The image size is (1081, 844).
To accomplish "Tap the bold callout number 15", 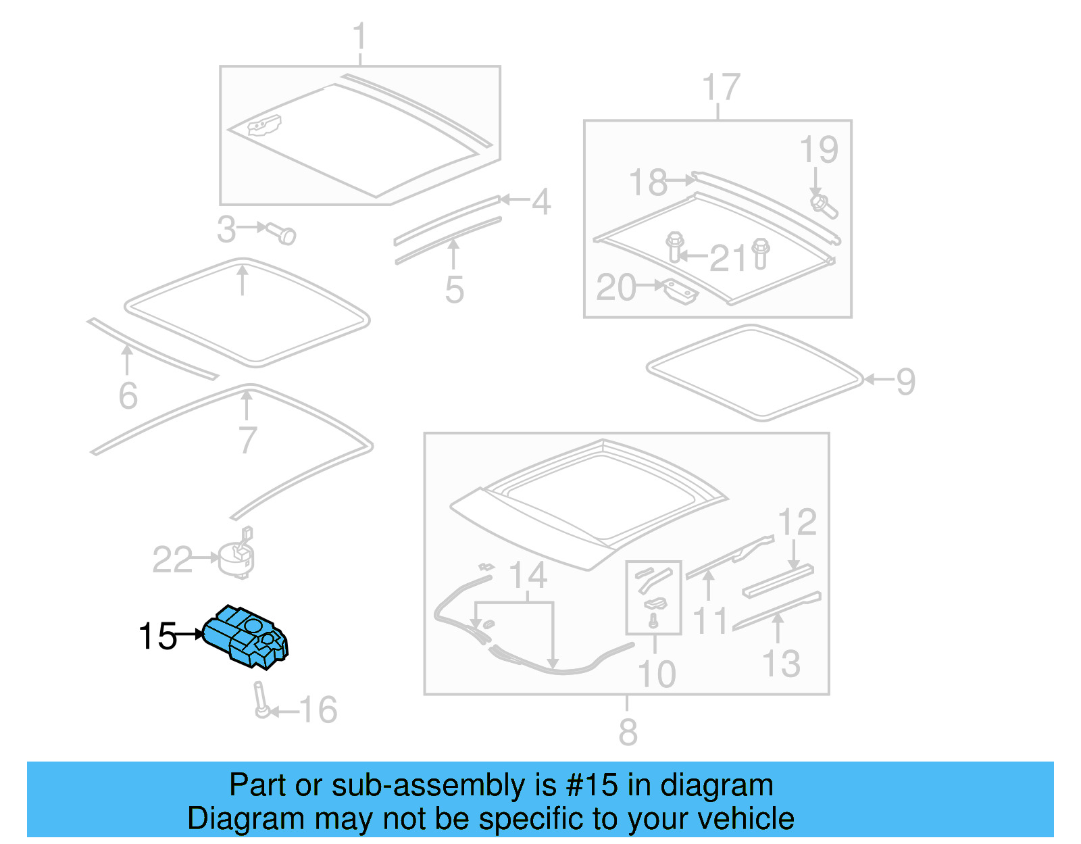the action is pyautogui.click(x=157, y=637).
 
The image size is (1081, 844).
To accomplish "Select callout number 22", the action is pyautogui.click(x=172, y=560).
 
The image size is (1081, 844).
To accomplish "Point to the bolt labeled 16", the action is pyautogui.click(x=261, y=699).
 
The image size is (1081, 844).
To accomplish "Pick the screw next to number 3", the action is pyautogui.click(x=282, y=233).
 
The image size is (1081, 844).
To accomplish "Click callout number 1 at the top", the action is pyautogui.click(x=359, y=36).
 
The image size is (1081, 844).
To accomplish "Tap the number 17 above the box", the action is pyautogui.click(x=721, y=87).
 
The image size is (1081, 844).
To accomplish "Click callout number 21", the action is pyautogui.click(x=729, y=258).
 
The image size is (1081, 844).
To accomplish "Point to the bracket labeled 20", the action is pyautogui.click(x=682, y=291).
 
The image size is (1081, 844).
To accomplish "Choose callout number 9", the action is pyautogui.click(x=905, y=382).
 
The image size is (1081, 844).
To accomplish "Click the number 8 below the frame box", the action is pyautogui.click(x=628, y=732).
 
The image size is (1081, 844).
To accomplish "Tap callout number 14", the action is pyautogui.click(x=528, y=575).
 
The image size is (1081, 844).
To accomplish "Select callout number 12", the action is pyautogui.click(x=797, y=522).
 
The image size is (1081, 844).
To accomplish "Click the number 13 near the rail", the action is pyautogui.click(x=781, y=664).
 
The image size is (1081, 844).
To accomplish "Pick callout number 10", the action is pyautogui.click(x=657, y=674).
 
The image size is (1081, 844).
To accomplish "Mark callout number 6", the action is pyautogui.click(x=128, y=396).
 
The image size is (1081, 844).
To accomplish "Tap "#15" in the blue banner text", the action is pyautogui.click(x=591, y=785).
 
